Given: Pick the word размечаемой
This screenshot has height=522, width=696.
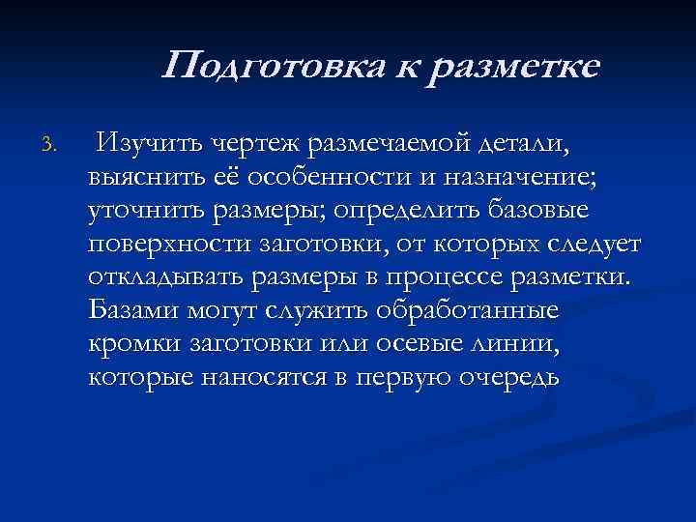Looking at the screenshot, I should click(x=392, y=145).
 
